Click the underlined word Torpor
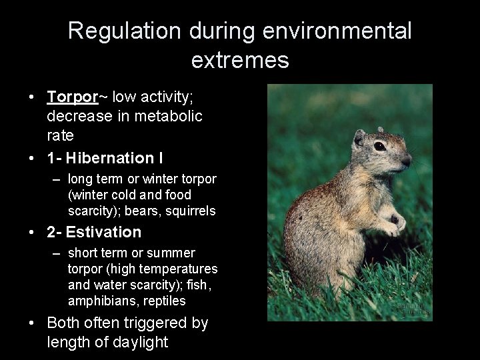point(73,97)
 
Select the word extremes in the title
point(239,61)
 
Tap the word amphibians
point(97,301)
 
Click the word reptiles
point(164,301)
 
